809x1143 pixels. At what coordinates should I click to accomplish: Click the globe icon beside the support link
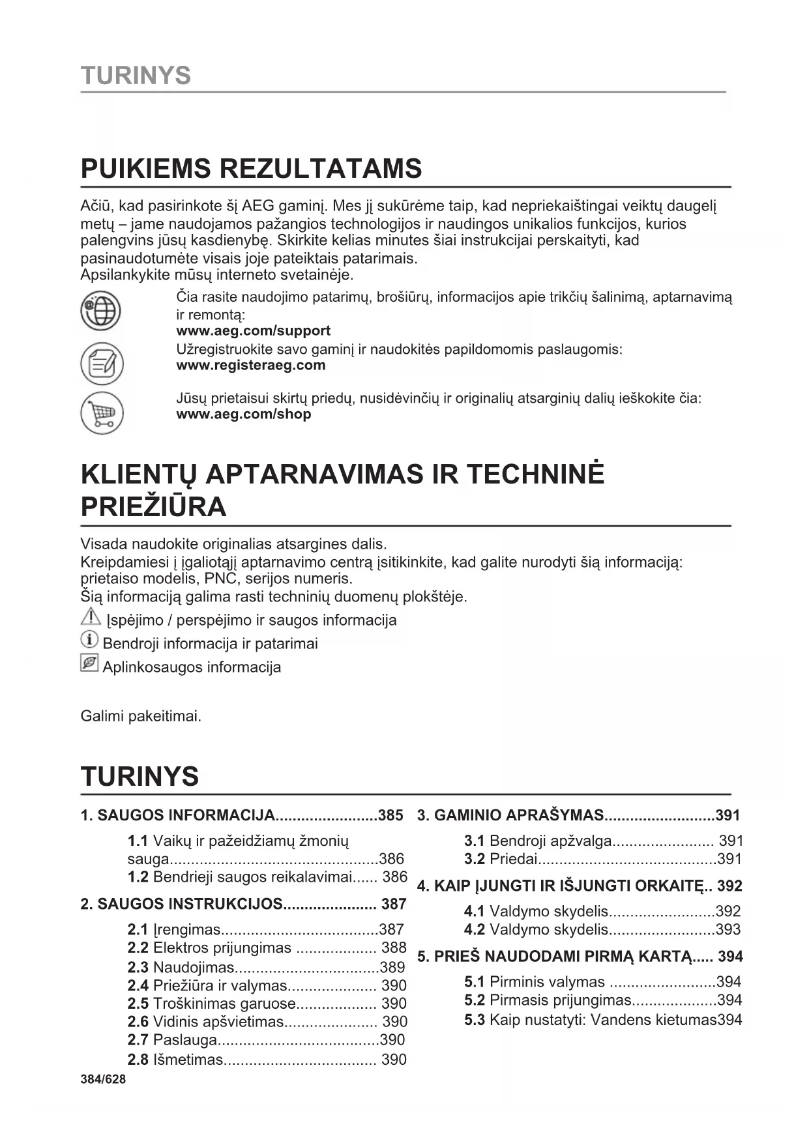(101, 311)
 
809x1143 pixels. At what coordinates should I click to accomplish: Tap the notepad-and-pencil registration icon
(102, 363)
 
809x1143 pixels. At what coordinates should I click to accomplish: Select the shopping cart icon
(102, 413)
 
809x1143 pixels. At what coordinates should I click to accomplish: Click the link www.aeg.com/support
(253, 331)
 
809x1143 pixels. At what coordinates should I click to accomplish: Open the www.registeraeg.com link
(251, 366)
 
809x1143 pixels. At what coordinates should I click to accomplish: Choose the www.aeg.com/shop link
(244, 414)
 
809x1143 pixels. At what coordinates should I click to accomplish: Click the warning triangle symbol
(91, 616)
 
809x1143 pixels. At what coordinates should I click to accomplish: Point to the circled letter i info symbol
(89, 640)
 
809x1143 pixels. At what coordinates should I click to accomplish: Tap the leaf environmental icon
(89, 663)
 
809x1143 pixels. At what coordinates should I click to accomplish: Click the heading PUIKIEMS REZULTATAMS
(251, 169)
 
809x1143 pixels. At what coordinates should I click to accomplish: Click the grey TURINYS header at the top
(136, 76)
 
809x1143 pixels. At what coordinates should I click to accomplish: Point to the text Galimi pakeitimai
(141, 716)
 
